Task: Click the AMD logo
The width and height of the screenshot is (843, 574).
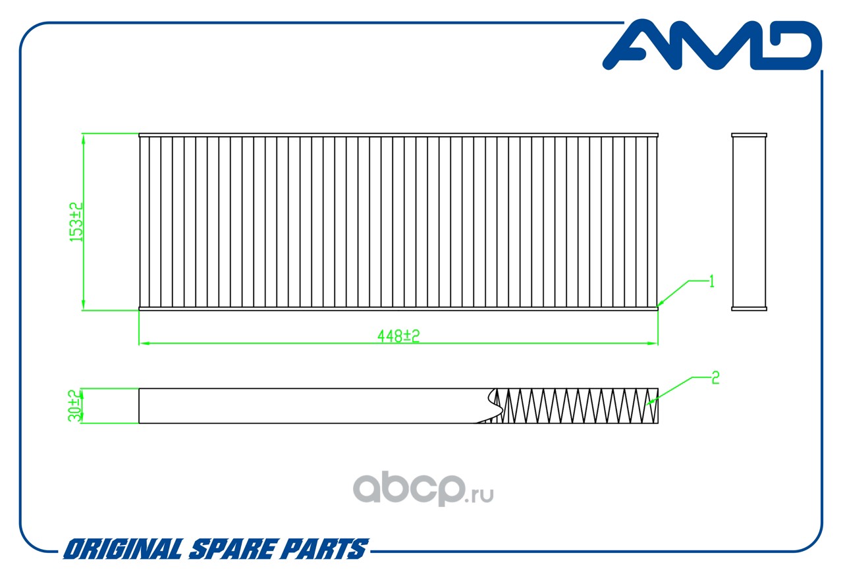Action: pyautogui.click(x=711, y=45)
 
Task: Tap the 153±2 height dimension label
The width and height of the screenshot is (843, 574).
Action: pyautogui.click(x=77, y=221)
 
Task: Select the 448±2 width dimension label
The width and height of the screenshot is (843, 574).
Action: pyautogui.click(x=398, y=335)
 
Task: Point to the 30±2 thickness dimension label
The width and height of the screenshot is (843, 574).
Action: pyautogui.click(x=76, y=405)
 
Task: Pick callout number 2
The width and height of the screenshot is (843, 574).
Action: pyautogui.click(x=715, y=378)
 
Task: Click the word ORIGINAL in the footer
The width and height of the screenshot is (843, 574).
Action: pyautogui.click(x=122, y=549)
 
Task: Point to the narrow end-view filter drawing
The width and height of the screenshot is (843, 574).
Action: pyautogui.click(x=749, y=221)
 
